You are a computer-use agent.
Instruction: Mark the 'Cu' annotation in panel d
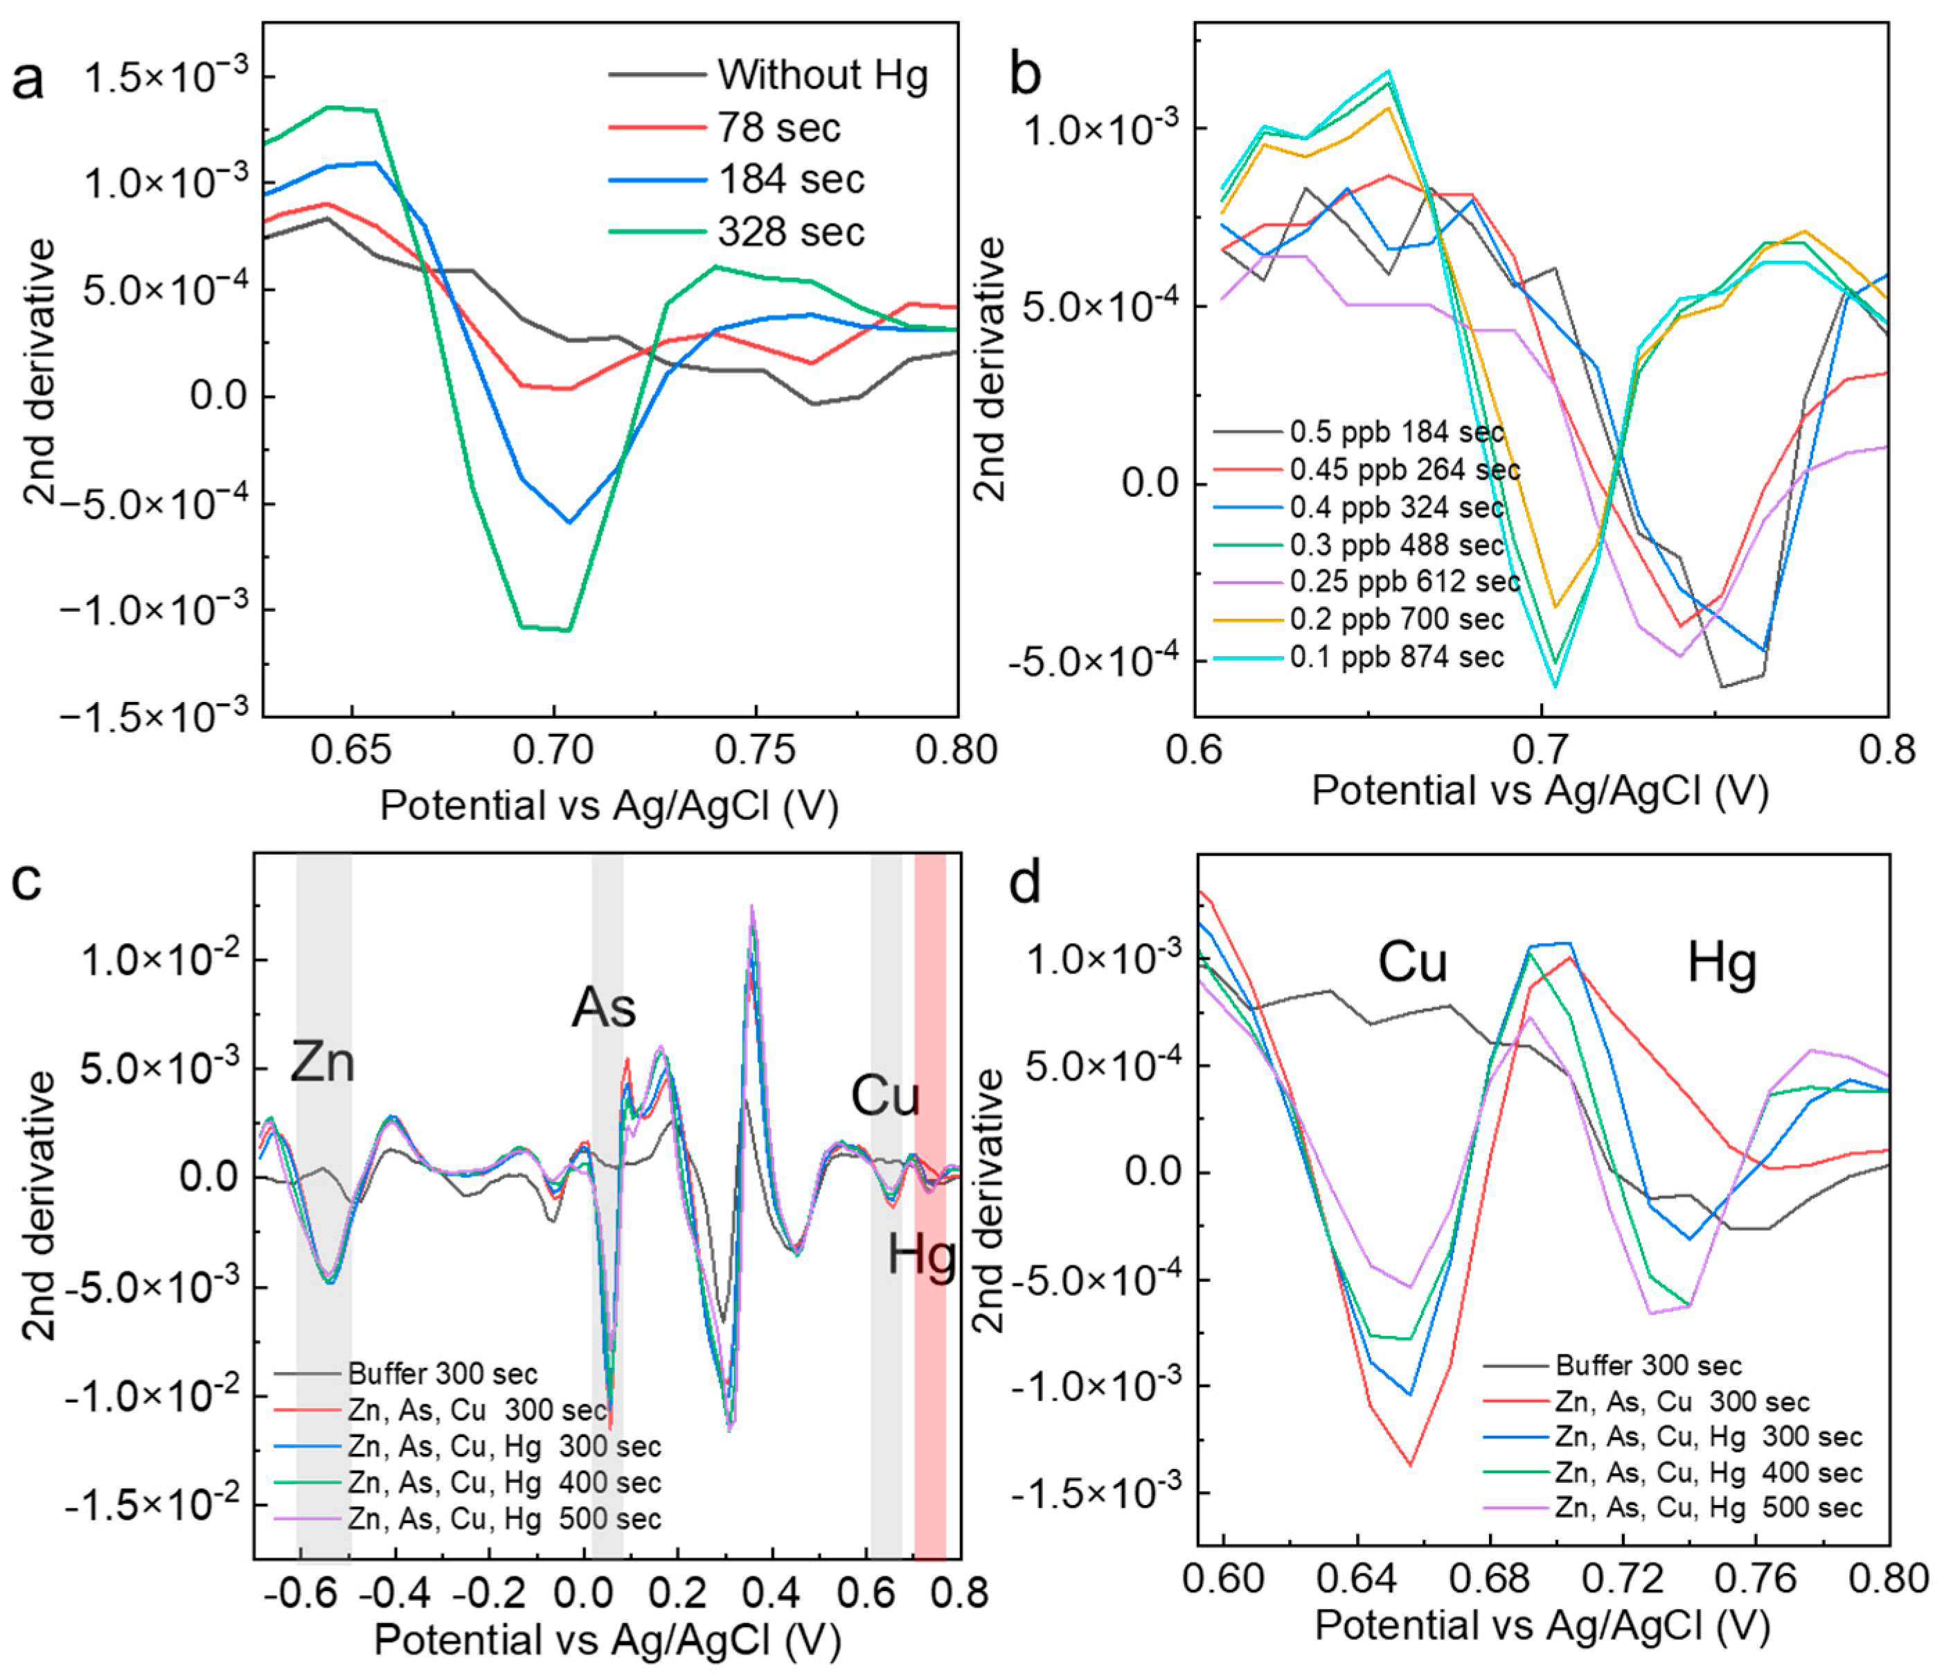1412,963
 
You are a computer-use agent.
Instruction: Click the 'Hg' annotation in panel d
1722,963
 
